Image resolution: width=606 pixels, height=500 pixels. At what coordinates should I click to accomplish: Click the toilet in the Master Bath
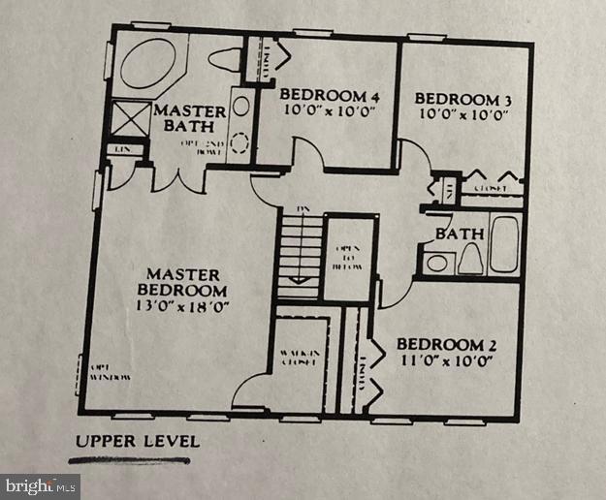coord(224,59)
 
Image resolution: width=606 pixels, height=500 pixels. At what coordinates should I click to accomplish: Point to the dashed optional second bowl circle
coord(239,142)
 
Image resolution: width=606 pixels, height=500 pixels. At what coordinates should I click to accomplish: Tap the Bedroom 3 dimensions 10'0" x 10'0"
coord(462,115)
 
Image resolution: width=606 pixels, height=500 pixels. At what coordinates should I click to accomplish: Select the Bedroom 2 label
coord(439,345)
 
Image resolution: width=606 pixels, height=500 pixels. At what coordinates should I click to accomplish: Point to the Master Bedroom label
coord(183,282)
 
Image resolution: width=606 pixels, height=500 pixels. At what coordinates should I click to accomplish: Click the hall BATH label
coord(459,234)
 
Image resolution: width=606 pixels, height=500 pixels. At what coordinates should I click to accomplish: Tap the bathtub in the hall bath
coord(503,243)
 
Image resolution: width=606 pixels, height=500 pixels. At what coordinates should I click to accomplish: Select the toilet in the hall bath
coord(469,258)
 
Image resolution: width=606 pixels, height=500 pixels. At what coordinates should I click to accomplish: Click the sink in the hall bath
coord(437,262)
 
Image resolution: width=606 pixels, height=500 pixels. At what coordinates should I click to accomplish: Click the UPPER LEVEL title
coord(138,442)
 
